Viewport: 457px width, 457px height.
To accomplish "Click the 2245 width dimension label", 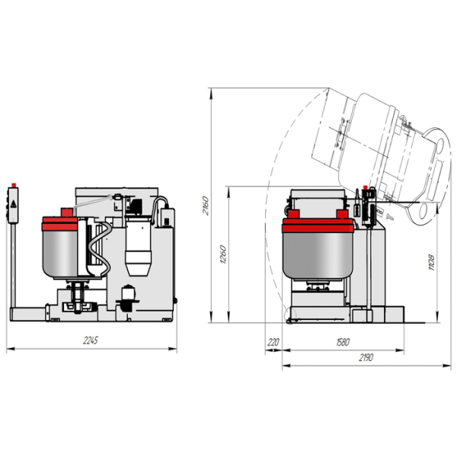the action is pyautogui.click(x=91, y=340).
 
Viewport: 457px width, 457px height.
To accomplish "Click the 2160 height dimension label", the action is pyautogui.click(x=206, y=206).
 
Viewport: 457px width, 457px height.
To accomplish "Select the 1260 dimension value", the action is pyautogui.click(x=223, y=254).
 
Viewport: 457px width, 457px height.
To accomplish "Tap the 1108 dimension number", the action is pyautogui.click(x=432, y=263).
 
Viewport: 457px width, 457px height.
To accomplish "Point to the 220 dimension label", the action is pyautogui.click(x=273, y=342).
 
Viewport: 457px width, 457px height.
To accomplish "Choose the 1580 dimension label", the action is pyautogui.click(x=343, y=342).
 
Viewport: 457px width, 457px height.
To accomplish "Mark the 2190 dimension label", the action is pyautogui.click(x=366, y=357).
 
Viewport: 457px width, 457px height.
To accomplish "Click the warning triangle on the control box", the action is pyautogui.click(x=14, y=204).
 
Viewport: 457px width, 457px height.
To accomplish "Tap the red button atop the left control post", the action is pyautogui.click(x=14, y=185).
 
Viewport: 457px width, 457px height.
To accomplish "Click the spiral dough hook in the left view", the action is pyautogui.click(x=100, y=249).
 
